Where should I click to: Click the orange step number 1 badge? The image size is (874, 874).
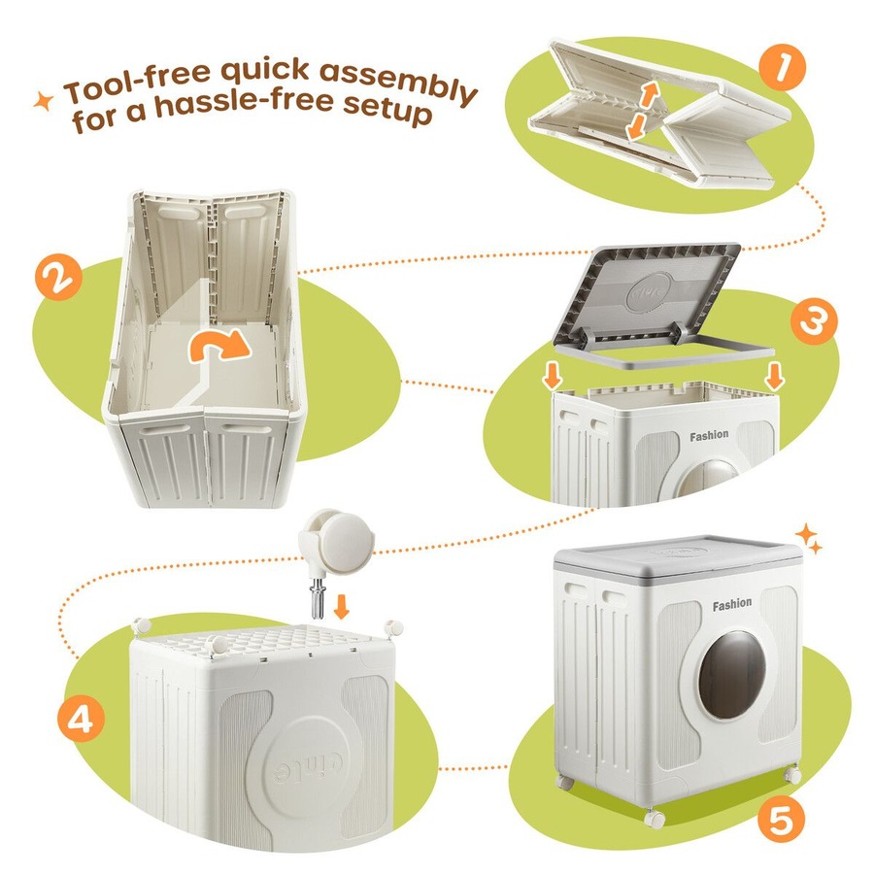782,67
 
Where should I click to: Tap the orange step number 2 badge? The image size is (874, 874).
58,277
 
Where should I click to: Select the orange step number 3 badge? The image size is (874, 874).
813,321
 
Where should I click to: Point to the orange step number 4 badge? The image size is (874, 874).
82,719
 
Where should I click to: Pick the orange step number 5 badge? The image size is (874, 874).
781,820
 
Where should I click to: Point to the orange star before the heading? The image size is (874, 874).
44,101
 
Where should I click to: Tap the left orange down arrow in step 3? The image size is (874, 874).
553,376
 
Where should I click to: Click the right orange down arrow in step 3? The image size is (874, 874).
774,376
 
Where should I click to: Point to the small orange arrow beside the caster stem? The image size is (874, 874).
341,607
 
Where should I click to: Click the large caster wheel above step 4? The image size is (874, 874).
336,539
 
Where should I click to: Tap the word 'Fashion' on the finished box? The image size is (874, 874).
732,604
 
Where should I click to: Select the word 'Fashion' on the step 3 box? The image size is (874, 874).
709,435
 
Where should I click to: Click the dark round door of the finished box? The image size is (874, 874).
732,675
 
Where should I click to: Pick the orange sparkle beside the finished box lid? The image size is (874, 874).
808,538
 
